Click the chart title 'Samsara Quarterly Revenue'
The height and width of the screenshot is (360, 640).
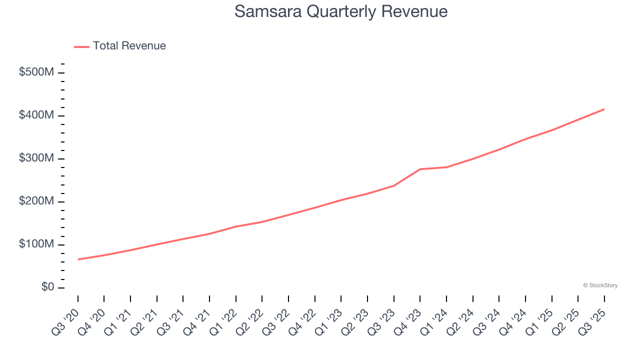(x=340, y=11)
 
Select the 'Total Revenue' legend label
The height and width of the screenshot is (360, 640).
(x=129, y=46)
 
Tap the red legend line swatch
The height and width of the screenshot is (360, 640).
(x=81, y=46)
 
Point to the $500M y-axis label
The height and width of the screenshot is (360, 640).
(x=36, y=72)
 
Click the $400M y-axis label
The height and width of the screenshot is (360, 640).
(x=36, y=115)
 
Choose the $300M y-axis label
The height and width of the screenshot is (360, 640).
(x=36, y=158)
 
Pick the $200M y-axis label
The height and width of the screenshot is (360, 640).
(x=36, y=201)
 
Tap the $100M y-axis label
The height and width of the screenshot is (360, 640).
(x=36, y=244)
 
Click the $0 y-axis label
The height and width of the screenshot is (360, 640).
(x=47, y=287)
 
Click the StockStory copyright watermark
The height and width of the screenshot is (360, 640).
(x=600, y=285)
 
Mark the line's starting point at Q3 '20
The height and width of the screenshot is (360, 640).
(x=78, y=259)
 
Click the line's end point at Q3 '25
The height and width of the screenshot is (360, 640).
(x=604, y=109)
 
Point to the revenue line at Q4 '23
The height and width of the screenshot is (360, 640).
(x=420, y=169)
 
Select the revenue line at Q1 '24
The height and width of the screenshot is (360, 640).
(x=446, y=167)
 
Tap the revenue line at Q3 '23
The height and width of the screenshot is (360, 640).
(x=393, y=185)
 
